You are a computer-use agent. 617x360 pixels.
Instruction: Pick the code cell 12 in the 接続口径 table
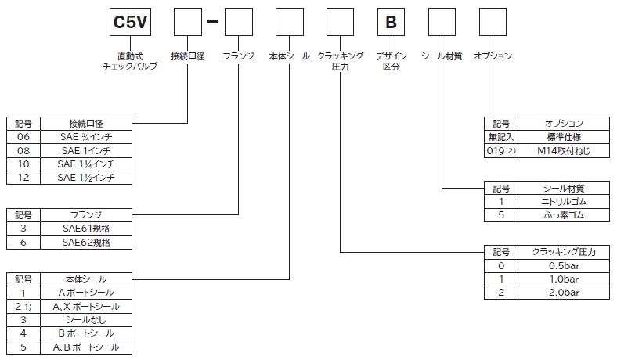pos(23,178)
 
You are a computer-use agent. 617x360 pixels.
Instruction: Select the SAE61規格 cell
pos(86,229)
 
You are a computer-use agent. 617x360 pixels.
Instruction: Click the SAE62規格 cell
pos(86,243)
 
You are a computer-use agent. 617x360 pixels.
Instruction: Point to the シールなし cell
pos(86,319)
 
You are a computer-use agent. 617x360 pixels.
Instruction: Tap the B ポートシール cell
pos(86,333)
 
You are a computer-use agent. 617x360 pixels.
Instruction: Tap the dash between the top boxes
pos(211,23)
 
